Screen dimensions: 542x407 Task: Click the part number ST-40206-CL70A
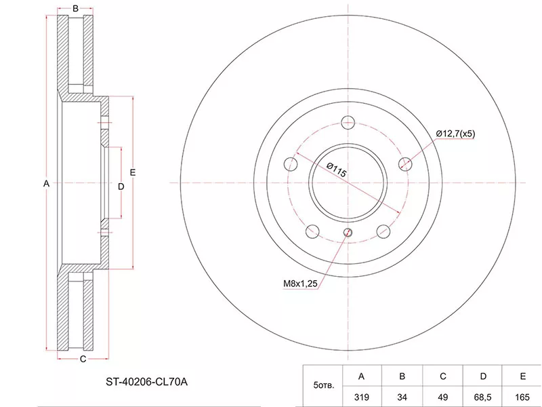tap(146, 382)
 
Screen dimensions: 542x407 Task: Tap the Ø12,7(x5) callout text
tap(455, 134)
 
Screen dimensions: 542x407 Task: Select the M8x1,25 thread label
tap(300, 284)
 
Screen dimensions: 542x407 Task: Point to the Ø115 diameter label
tap(336, 170)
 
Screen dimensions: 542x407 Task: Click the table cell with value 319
tap(362, 397)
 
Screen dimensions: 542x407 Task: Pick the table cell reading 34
tap(402, 397)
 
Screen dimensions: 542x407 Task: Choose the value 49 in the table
tap(442, 397)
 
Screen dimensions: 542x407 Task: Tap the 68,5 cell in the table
tap(482, 397)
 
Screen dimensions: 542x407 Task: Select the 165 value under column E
tap(522, 397)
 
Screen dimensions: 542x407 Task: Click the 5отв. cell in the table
tap(324, 385)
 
